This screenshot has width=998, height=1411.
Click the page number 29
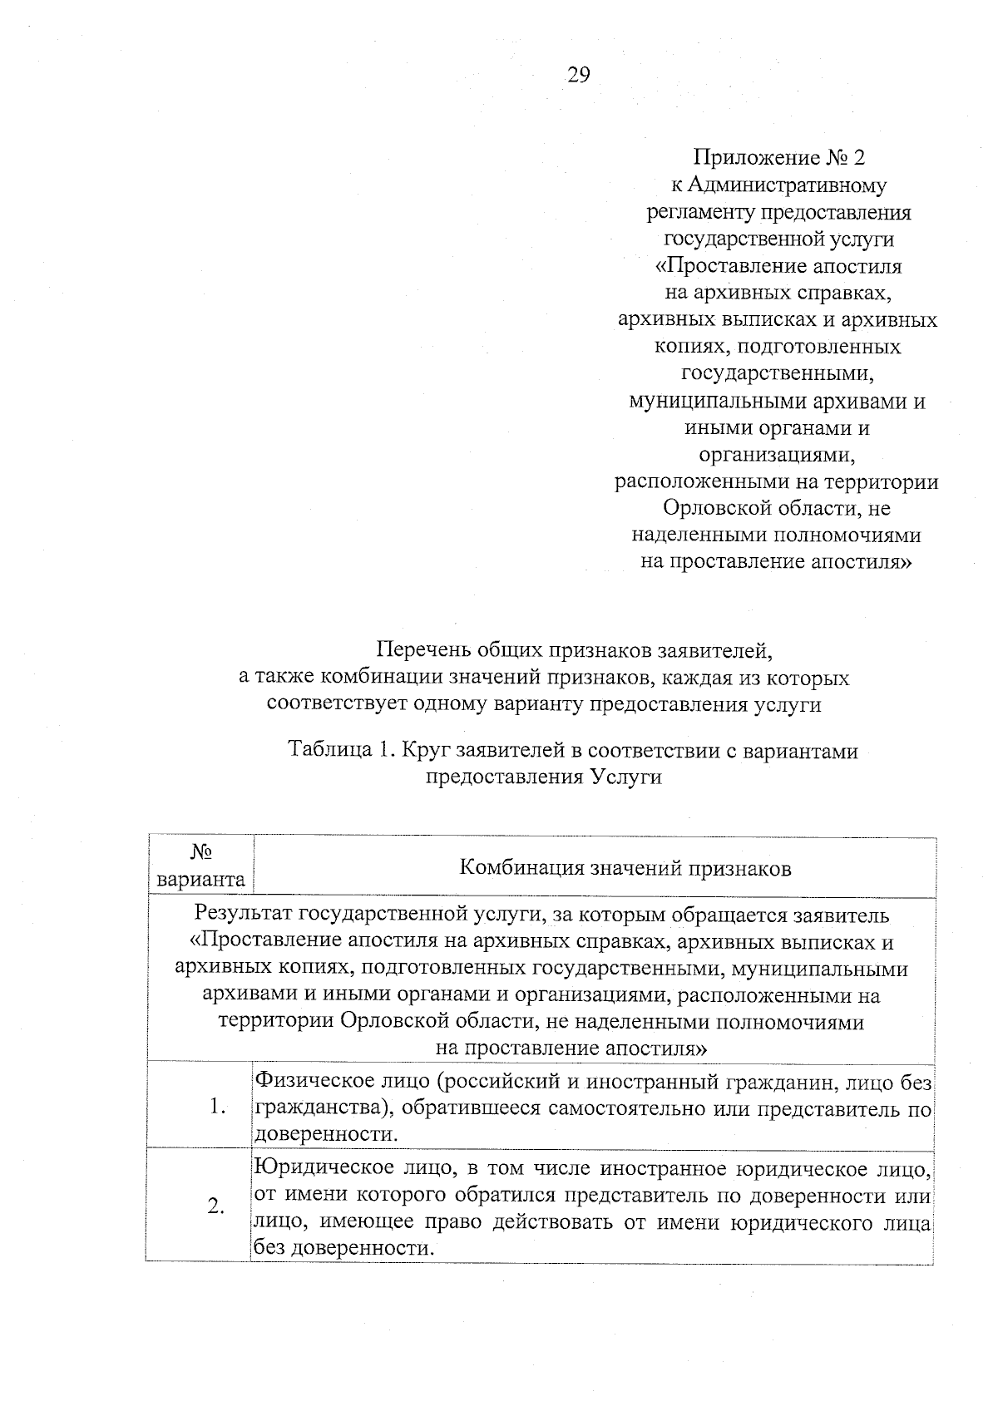coord(579,76)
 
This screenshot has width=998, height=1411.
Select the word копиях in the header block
coord(694,346)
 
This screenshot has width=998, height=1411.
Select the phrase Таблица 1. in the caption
coord(339,750)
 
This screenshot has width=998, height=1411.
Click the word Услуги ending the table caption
coord(628,777)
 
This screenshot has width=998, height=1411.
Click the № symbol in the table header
coord(200,852)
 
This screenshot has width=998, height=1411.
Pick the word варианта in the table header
coord(200,880)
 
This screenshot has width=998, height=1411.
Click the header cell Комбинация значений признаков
coord(625,869)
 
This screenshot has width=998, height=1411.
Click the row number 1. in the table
coord(218,1107)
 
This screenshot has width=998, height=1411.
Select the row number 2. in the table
coord(216,1206)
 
